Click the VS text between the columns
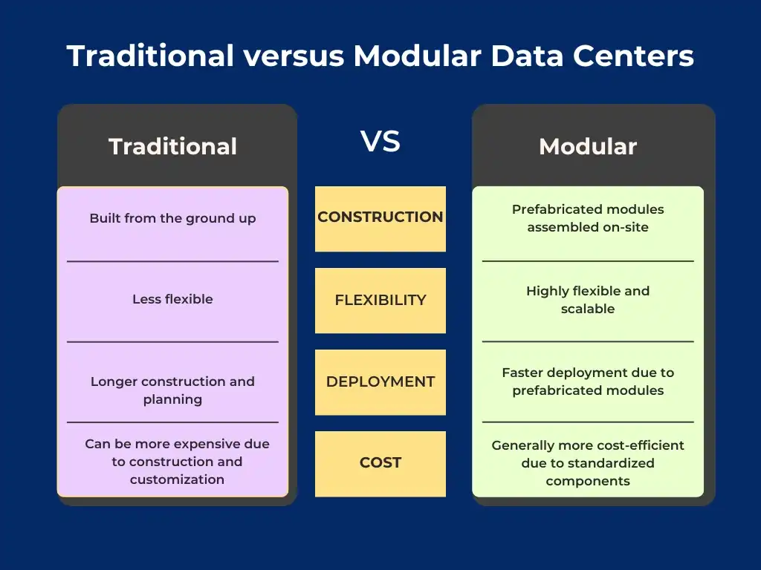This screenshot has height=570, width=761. (x=380, y=141)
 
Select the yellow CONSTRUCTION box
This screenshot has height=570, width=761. (x=380, y=218)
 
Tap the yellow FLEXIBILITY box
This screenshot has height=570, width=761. (x=380, y=301)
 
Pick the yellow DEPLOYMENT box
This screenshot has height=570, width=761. (x=380, y=382)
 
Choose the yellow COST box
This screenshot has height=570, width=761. (x=380, y=463)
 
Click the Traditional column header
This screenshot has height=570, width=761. (x=172, y=146)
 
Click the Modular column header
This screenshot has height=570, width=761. (x=587, y=146)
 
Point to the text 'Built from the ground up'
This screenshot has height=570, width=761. (x=172, y=218)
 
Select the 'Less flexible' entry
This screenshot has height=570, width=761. (x=172, y=299)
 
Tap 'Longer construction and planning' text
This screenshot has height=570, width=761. (x=172, y=390)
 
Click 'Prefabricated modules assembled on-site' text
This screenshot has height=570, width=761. (x=587, y=218)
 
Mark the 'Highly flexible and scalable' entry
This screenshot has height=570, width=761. (x=587, y=300)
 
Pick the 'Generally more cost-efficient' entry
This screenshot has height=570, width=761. (x=587, y=445)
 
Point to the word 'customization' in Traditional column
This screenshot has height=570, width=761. (x=177, y=479)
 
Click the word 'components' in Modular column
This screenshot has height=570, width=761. (x=587, y=481)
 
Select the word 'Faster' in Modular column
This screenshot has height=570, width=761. (x=525, y=373)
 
